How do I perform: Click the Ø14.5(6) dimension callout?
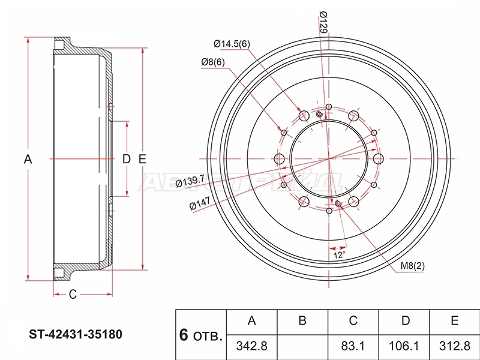tap(232, 44)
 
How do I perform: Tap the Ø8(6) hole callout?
tap(213, 62)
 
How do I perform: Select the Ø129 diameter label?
tap(323, 22)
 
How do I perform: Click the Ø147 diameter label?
tap(200, 203)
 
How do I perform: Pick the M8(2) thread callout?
tap(413, 266)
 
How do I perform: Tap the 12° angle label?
tap(339, 254)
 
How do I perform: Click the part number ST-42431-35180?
tap(76, 334)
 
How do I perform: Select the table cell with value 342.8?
tap(251, 346)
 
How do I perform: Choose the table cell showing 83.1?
tap(353, 346)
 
